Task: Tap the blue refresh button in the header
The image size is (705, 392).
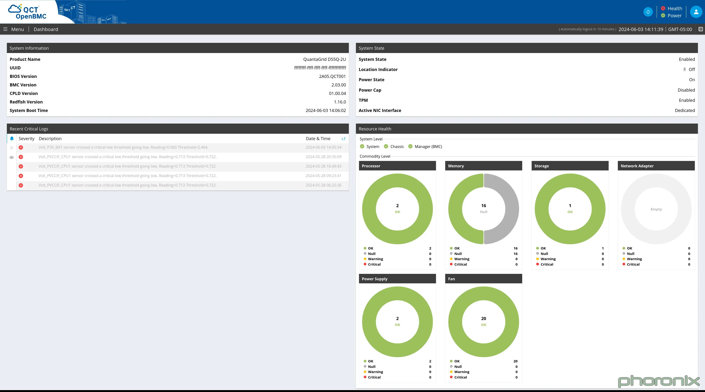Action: [648, 12]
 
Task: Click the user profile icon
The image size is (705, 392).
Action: [696, 12]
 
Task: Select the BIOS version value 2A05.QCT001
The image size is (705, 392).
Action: [332, 76]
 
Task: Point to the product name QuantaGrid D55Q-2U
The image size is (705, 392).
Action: [324, 59]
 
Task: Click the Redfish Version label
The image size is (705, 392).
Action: [26, 102]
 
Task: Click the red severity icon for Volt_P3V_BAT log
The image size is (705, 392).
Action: [21, 147]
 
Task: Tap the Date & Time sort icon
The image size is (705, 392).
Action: [343, 139]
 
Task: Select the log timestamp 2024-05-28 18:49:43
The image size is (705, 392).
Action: [323, 166]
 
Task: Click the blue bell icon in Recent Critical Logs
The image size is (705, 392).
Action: [12, 139]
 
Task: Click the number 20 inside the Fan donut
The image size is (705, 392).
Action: [484, 318]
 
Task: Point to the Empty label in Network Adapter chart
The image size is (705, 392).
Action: [656, 209]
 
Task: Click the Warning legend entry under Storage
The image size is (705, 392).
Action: [548, 259]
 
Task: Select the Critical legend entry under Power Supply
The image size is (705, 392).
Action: [374, 377]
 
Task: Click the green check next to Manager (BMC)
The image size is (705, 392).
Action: [410, 147]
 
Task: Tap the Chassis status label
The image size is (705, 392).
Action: [397, 147]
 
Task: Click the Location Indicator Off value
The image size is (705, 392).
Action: [692, 70]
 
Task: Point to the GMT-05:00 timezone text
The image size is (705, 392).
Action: [680, 29]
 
